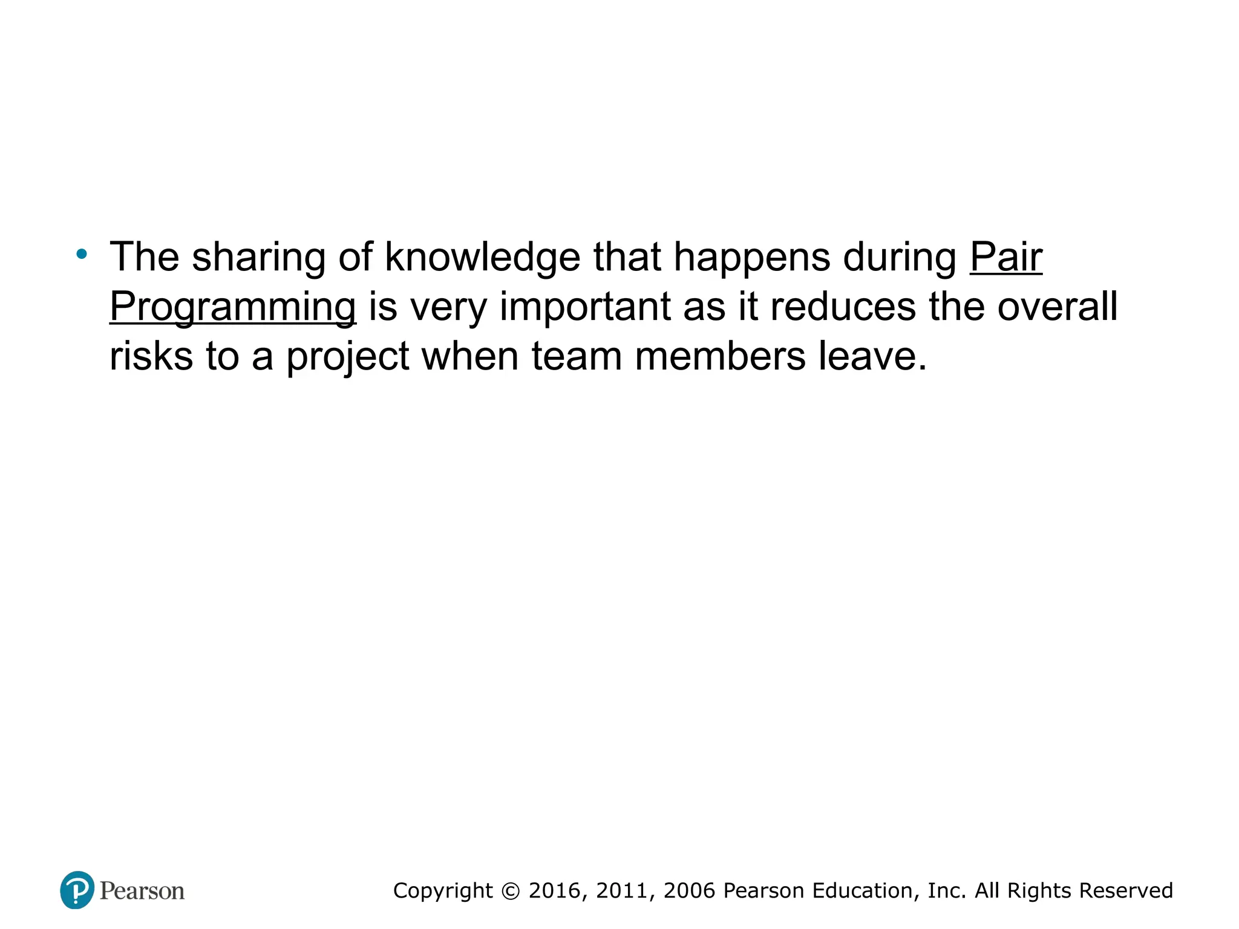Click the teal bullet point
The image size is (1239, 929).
click(82, 254)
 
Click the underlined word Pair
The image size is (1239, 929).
click(1006, 258)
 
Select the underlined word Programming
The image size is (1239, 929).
click(233, 307)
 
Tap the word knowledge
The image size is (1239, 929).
click(482, 258)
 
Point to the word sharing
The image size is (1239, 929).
click(258, 258)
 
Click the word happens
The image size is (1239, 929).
click(751, 258)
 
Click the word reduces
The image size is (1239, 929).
click(843, 306)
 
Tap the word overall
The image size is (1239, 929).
click(1057, 306)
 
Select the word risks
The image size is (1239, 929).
click(151, 356)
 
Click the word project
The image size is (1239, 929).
click(348, 357)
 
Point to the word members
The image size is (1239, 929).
click(720, 356)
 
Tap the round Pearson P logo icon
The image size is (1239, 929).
click(77, 890)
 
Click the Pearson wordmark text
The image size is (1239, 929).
click(142, 891)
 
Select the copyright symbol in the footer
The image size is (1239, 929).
click(511, 891)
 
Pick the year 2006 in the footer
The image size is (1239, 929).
click(689, 891)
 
